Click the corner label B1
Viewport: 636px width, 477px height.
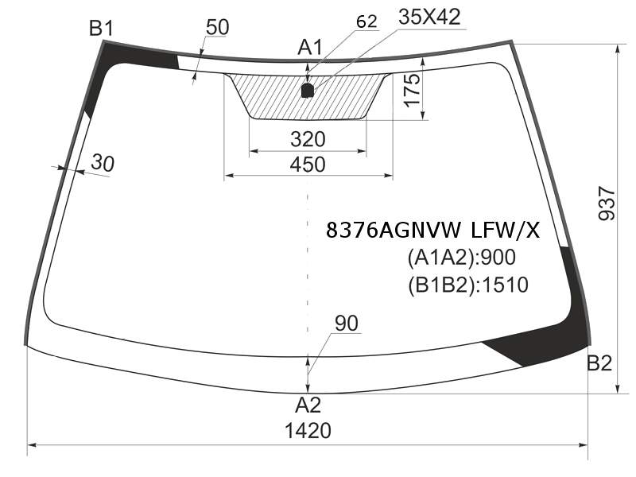pos(102,29)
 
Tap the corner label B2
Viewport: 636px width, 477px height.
pos(599,363)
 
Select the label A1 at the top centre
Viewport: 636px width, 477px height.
pos(310,47)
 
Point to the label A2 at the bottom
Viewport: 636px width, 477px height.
pos(308,405)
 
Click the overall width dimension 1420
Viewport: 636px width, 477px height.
pos(308,430)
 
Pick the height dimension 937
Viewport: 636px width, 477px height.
pos(607,203)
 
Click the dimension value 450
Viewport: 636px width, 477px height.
pos(308,165)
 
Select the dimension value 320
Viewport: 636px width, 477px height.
pos(308,139)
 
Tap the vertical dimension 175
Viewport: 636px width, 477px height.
pos(412,90)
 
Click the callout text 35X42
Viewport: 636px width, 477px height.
pos(429,17)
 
